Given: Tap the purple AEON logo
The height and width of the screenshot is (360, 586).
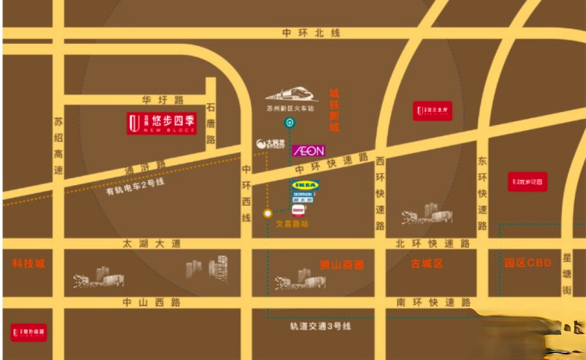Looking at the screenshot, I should coord(308,151).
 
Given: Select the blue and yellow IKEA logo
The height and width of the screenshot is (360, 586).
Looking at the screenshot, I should coord(306,185).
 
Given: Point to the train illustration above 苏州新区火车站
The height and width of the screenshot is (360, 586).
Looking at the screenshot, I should coord(291,95).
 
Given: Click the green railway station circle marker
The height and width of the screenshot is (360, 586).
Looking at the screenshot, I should coord(289,123).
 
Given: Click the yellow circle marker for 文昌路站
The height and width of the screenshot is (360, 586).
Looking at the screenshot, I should coord(267,213).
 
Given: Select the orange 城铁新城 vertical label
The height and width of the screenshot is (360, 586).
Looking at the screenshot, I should coord(334,110).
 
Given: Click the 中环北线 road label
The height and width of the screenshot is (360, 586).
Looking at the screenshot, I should coord(311,33).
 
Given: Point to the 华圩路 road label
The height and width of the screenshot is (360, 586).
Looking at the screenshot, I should coord(162,100).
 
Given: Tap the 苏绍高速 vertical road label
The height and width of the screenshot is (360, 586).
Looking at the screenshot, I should coord(58,146).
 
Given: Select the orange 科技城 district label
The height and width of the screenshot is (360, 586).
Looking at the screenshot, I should coord(29,263).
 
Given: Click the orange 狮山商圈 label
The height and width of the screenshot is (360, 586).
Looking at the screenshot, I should coord(342,264).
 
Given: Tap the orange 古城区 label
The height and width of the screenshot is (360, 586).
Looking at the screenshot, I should coord(427,264).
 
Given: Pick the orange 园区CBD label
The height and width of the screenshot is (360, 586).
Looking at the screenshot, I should coord(528,263).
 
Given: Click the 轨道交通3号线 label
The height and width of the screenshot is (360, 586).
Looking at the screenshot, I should coord(320,326).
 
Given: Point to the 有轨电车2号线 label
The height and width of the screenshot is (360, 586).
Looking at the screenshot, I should coord(135,187).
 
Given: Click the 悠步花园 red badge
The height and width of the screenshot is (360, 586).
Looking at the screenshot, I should coord(527,182).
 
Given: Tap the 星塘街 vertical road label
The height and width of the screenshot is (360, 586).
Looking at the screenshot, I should coord(567,274).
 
